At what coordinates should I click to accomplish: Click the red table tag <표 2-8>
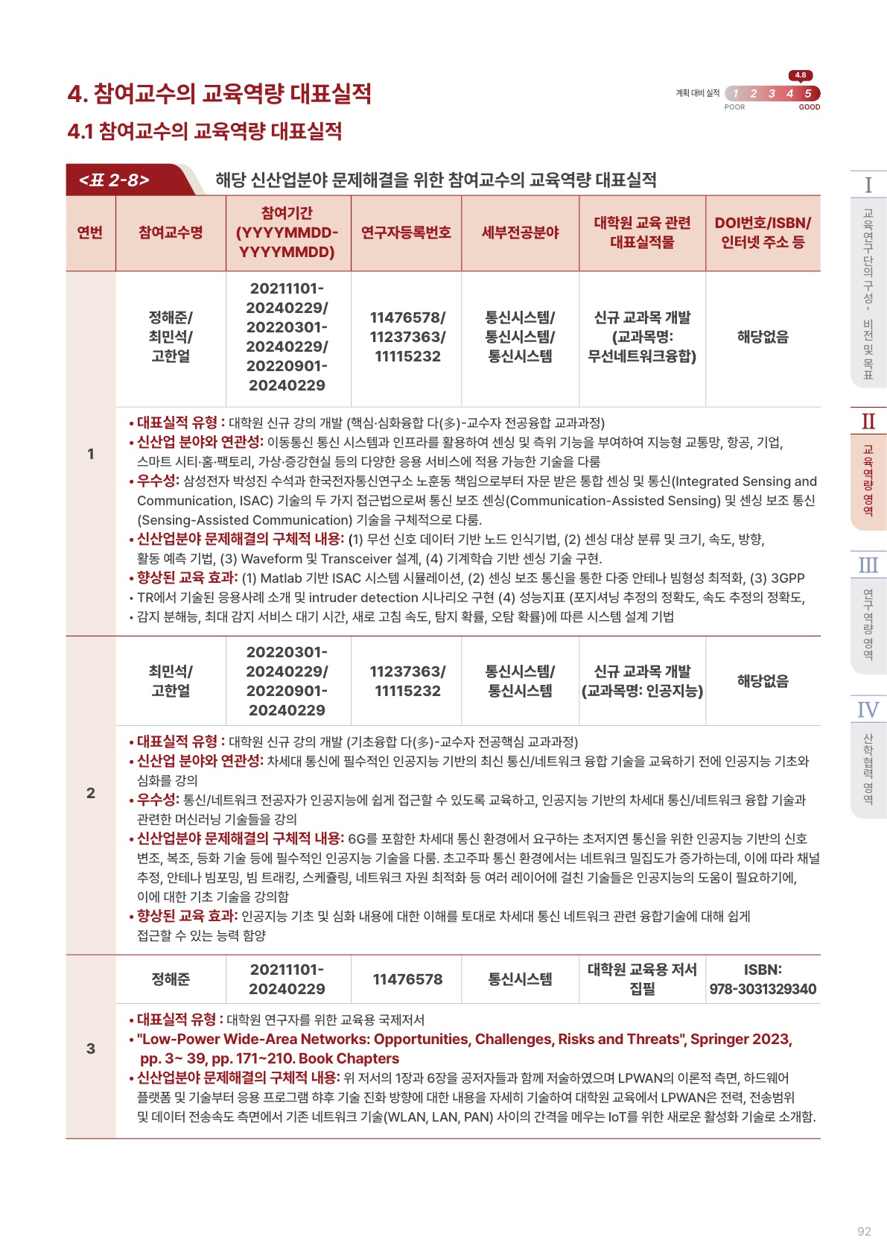pos(115,180)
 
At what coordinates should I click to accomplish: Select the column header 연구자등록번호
pos(406,233)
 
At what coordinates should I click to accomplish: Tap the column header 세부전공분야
pos(520,233)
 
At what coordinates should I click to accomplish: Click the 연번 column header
pos(90,233)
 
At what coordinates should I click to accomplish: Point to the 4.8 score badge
pos(800,75)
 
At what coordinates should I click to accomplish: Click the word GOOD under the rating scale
pos(809,107)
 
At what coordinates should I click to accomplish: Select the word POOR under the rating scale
pos(734,107)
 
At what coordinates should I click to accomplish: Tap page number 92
pos(864,1231)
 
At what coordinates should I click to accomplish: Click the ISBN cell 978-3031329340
pos(763,989)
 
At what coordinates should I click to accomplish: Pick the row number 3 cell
pos(91,1049)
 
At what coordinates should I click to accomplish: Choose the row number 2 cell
pos(91,793)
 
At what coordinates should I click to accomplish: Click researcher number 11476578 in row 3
pos(407,979)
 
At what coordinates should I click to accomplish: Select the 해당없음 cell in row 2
pos(763,680)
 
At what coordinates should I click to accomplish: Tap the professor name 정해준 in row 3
pos(171,979)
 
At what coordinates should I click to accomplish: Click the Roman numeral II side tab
pos(868,422)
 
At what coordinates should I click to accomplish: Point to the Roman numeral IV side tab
pos(868,710)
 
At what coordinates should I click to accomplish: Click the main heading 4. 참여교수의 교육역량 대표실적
pos(220,94)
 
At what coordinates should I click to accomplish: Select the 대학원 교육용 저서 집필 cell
pos(642,979)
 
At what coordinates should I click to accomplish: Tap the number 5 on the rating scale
pos(807,93)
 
